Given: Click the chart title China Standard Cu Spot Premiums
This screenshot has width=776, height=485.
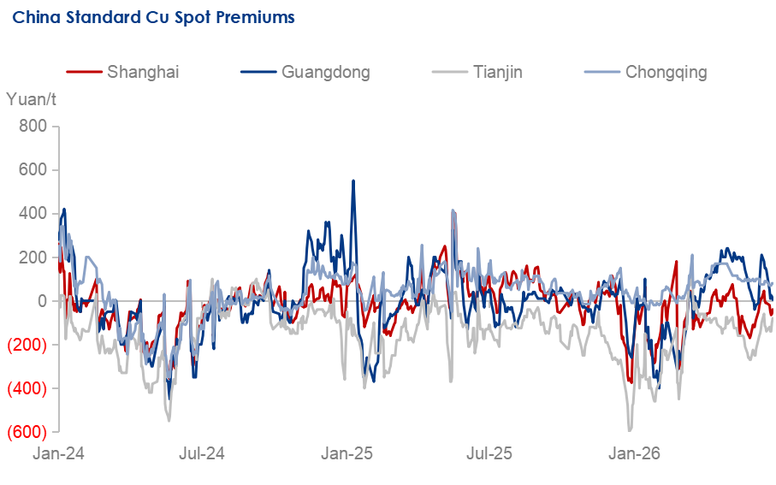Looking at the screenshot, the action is [x=153, y=17].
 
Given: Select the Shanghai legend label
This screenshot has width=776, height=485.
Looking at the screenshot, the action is [x=143, y=72].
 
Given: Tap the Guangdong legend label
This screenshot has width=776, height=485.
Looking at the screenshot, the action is [x=326, y=72].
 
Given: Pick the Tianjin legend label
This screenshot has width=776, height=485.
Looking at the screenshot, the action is [x=497, y=72].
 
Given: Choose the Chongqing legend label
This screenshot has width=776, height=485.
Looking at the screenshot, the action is [x=666, y=72].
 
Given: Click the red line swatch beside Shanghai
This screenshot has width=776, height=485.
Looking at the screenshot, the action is [x=84, y=72].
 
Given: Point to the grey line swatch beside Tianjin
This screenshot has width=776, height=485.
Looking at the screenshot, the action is [x=449, y=72].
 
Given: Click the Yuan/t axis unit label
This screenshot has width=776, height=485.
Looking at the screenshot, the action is [x=31, y=99].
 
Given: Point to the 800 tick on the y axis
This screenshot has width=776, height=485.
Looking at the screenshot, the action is [x=33, y=127].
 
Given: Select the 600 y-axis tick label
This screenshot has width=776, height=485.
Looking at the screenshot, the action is [x=33, y=169].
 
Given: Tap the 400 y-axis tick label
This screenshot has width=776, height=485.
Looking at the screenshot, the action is [x=33, y=213].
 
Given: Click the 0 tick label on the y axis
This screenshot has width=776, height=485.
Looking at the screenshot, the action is [x=42, y=301].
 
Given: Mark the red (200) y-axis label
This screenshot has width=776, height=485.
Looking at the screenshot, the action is [x=27, y=345].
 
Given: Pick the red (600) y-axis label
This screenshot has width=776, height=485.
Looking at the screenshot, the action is [x=27, y=432].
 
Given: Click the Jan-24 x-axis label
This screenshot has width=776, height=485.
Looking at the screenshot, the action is [x=58, y=453].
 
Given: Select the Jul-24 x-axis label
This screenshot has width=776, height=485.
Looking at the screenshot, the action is [x=202, y=453].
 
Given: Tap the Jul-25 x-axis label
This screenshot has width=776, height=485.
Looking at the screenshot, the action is [x=489, y=453].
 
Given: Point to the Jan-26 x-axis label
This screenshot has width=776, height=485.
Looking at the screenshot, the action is [x=634, y=453].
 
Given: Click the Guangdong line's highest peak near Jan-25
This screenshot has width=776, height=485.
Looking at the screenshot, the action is [x=352, y=181].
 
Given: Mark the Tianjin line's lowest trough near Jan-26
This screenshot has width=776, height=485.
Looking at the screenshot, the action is [x=630, y=430].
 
